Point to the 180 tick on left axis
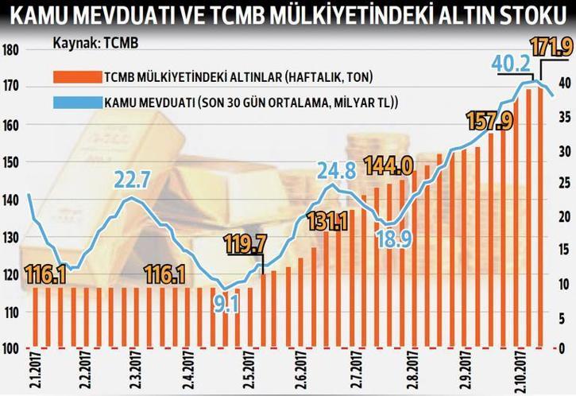[x=11, y=50]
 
